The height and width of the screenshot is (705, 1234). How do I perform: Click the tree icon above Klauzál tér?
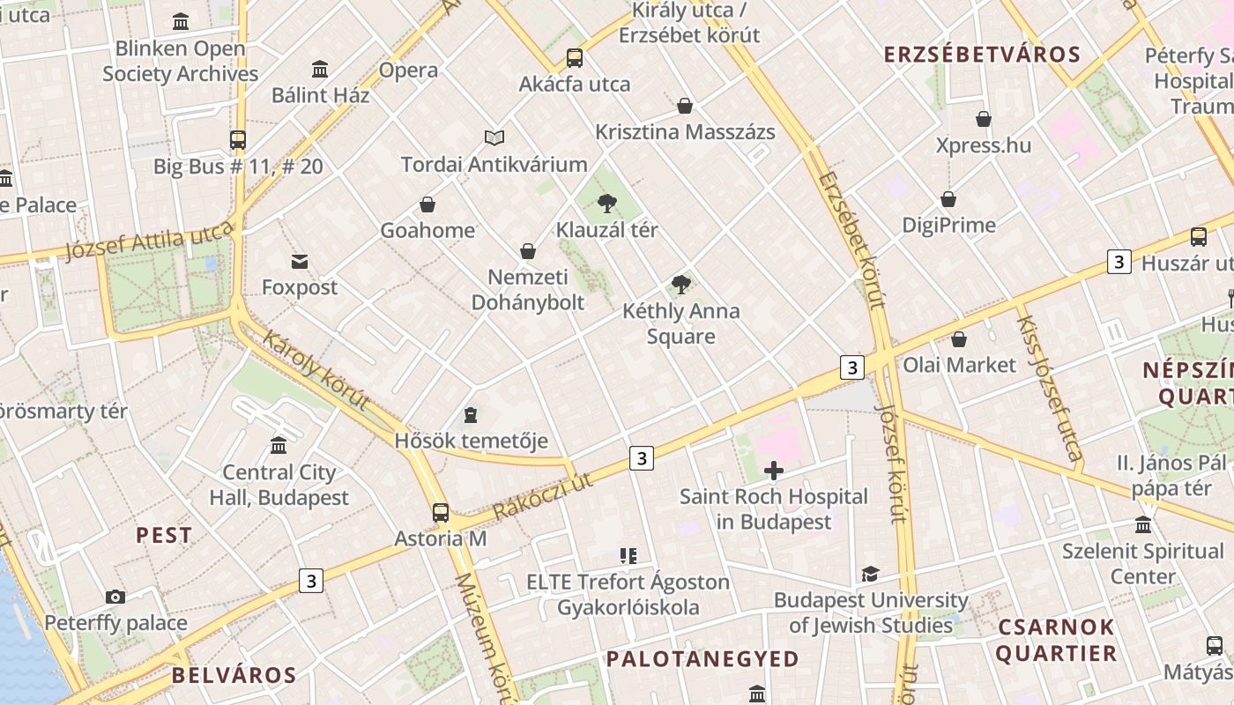pos(606,204)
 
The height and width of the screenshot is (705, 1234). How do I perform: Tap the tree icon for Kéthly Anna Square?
pos(680,284)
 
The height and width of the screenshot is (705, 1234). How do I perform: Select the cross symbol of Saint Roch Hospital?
pos(774,471)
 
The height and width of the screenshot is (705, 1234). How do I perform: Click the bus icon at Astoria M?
pos(440,512)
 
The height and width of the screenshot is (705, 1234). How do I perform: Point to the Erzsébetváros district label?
pos(982,55)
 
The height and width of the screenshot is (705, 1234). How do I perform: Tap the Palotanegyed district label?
pos(702,658)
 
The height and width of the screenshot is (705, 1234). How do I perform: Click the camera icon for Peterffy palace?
pos(115,597)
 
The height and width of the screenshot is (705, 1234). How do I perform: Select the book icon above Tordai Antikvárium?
pos(494,137)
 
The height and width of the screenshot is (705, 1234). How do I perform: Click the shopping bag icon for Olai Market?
pos(959,339)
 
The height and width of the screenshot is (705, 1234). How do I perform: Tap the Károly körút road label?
pos(315,371)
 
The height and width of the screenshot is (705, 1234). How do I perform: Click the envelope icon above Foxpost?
pos(300,261)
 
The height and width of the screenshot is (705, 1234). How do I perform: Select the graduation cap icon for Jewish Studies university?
pos(870,574)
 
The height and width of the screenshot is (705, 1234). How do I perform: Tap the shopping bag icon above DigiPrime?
pos(948,199)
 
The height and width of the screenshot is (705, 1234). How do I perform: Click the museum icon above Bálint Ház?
pos(320,69)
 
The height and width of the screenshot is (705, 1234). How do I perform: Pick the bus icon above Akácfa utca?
pos(575,58)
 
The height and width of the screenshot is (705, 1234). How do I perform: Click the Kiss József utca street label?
pos(1049,388)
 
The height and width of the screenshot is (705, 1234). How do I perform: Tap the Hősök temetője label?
pos(471,441)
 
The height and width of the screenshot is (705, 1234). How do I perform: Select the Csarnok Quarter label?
pos(1056,641)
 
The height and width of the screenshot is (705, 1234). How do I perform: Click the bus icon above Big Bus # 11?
pos(237,139)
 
